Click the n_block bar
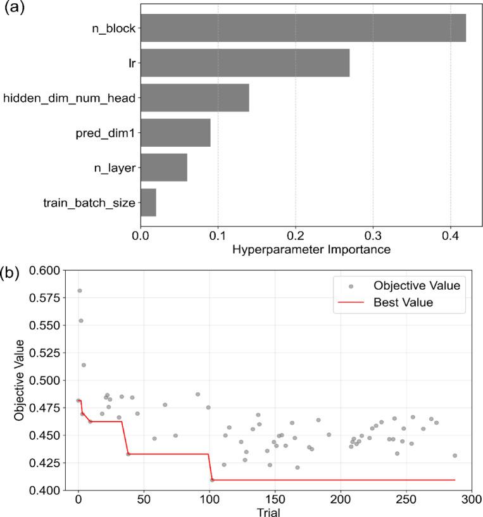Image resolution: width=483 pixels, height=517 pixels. tap(303, 28)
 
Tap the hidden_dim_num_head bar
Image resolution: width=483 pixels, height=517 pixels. tap(194, 98)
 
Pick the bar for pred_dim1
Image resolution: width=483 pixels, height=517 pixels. tap(175, 133)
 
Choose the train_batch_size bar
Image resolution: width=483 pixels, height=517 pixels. tap(147, 202)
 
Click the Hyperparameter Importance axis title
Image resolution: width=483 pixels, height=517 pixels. tap(311, 249)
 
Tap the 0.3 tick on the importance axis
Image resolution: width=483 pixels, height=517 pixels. tap(373, 235)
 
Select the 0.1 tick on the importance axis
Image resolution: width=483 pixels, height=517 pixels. tap(218, 235)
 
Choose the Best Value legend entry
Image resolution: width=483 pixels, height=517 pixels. tap(403, 303)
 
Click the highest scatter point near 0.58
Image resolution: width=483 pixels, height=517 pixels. tap(79, 291)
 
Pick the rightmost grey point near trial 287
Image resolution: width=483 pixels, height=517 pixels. tap(455, 456)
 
